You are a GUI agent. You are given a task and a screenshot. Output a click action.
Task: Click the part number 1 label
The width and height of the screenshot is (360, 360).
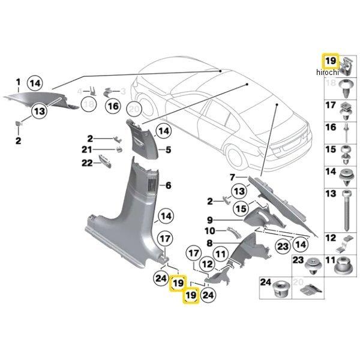pyautogui.click(x=18, y=82)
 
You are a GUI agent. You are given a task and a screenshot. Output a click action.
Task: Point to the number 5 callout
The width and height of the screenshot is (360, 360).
pyautogui.click(x=169, y=149)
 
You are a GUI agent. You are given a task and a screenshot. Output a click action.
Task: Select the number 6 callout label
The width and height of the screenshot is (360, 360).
pyautogui.click(x=169, y=185)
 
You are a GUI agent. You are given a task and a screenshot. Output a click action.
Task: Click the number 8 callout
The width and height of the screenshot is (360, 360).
pyautogui.click(x=210, y=243)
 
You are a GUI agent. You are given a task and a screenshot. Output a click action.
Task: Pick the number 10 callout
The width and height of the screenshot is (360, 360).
pyautogui.click(x=210, y=231)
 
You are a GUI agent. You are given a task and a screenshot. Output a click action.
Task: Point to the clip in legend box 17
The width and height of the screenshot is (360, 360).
pyautogui.click(x=346, y=109)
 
